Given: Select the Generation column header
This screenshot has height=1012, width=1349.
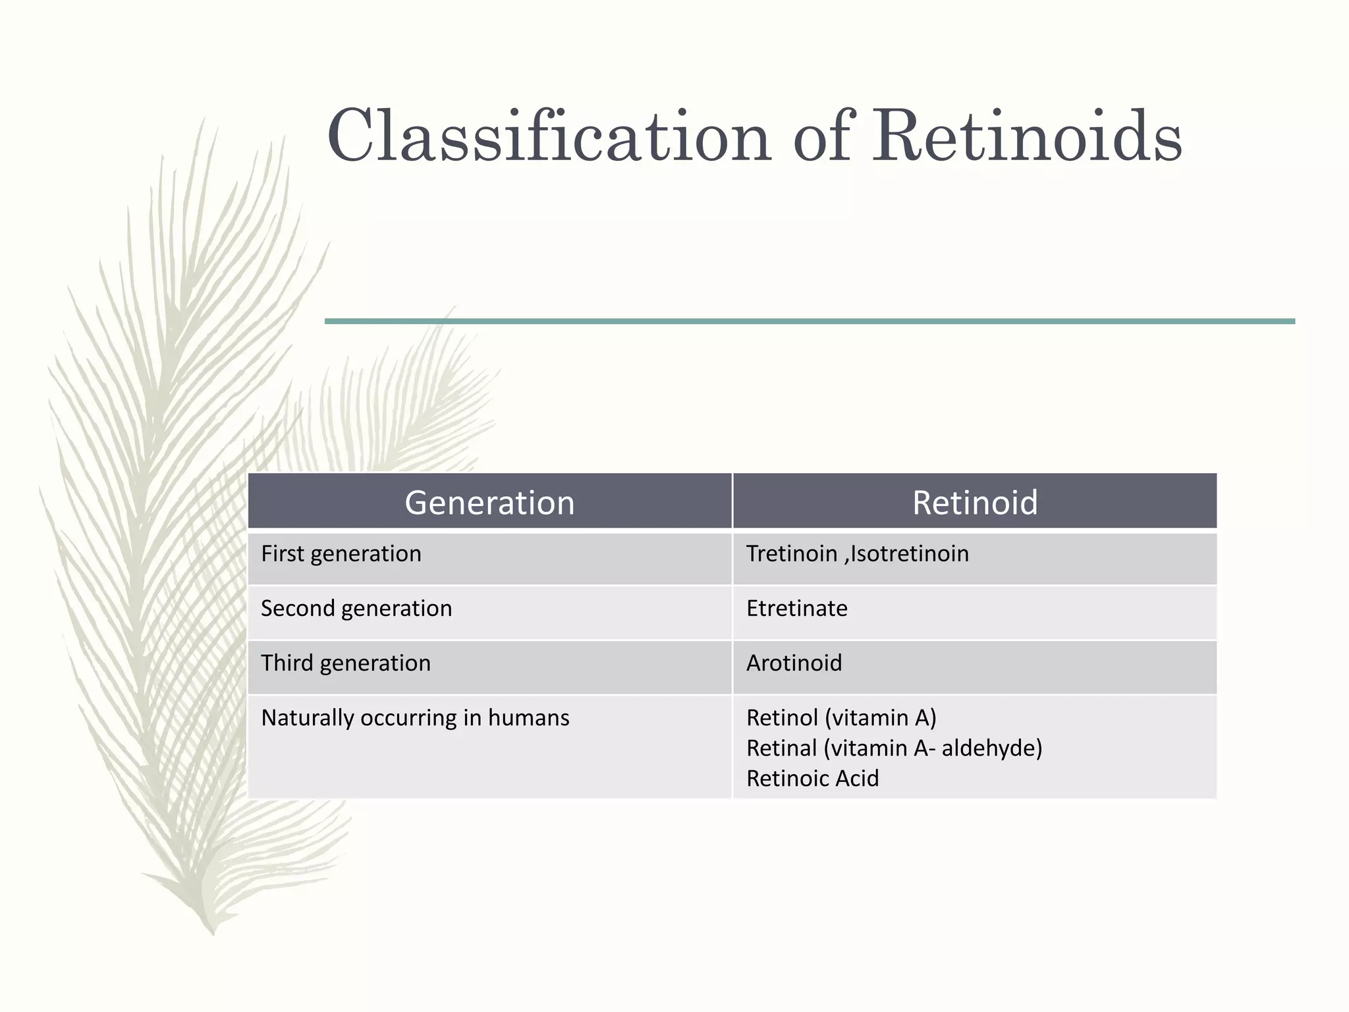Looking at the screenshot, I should tap(489, 503).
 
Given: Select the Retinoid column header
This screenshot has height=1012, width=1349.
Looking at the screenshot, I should tap(975, 503).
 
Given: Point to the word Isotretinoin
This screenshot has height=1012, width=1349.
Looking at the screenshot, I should tap(910, 554).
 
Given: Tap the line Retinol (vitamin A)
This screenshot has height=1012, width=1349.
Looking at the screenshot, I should tap(841, 718).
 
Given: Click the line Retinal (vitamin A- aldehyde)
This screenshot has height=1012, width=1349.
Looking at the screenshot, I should tap(894, 748).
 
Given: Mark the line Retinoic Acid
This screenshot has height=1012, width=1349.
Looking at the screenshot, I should tap(812, 779).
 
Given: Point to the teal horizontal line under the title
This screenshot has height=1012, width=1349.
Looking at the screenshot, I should tap(810, 322).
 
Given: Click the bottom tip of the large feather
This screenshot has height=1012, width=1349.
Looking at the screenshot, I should tap(212, 932).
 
